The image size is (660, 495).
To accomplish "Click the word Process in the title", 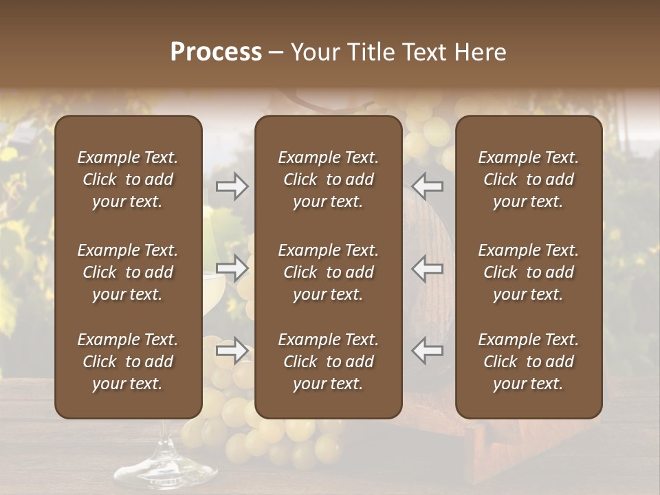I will pyautogui.click(x=216, y=52).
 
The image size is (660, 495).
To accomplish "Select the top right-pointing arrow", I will pyautogui.click(x=232, y=186).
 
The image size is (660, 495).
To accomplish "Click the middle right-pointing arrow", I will pyautogui.click(x=232, y=268).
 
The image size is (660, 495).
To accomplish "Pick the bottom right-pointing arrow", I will pyautogui.click(x=232, y=351).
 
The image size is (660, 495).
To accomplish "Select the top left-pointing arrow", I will pyautogui.click(x=428, y=186).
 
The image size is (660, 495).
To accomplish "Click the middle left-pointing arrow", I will pyautogui.click(x=428, y=268).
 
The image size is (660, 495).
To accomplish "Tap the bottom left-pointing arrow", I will pyautogui.click(x=428, y=351).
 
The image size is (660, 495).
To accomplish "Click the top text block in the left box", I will pyautogui.click(x=128, y=179).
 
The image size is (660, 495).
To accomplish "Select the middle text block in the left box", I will pyautogui.click(x=128, y=272).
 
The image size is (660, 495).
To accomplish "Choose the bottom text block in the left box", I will pyautogui.click(x=128, y=362).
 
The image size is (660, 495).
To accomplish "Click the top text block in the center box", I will pyautogui.click(x=329, y=179).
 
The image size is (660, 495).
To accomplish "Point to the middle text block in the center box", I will pyautogui.click(x=329, y=272).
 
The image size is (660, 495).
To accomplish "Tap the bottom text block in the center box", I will pyautogui.click(x=329, y=362).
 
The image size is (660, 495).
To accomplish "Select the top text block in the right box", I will pyautogui.click(x=529, y=179).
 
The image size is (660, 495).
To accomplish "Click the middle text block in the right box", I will pyautogui.click(x=529, y=272).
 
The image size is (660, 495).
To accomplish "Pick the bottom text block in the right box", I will pyautogui.click(x=529, y=362).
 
